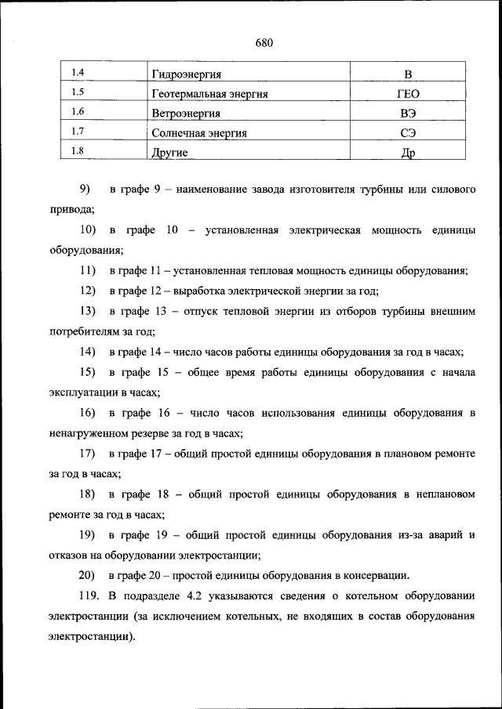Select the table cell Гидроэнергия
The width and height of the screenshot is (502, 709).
186,75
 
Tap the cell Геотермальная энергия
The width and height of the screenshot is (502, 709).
209,95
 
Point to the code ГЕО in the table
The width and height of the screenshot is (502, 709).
408,95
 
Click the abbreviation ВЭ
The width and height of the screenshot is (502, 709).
408,114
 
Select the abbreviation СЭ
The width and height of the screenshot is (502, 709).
408,133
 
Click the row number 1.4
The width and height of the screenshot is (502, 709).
78,74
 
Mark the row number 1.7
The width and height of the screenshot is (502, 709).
78,132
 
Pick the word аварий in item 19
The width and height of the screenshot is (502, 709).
440,535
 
